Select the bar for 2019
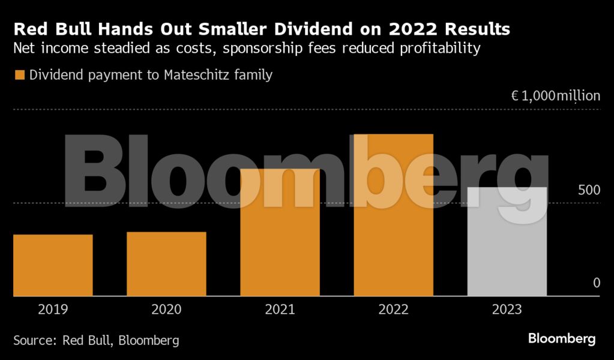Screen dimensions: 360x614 tap(53, 265)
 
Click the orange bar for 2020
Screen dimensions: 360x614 tap(166, 264)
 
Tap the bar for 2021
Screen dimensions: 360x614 tap(280, 233)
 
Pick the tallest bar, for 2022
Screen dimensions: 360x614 tap(393, 215)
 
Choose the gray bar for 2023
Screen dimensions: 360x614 tap(507, 242)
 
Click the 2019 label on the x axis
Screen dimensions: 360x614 tap(53, 310)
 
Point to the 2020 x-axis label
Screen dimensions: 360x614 tap(166, 310)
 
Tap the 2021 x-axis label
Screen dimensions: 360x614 tap(280, 310)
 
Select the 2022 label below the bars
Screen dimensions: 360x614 tap(393, 310)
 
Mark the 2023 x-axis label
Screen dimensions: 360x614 tap(507, 310)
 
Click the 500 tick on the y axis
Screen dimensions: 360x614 tap(589, 190)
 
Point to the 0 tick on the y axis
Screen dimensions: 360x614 tap(597, 283)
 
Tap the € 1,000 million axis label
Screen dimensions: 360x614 tap(555, 96)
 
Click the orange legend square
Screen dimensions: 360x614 tap(19, 76)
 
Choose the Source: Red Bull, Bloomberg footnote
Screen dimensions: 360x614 tap(96, 340)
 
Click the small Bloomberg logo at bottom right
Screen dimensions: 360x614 tap(562, 339)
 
